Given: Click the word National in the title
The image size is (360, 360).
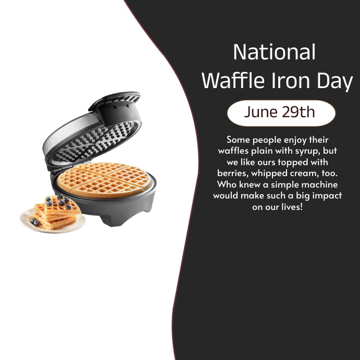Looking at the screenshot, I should pos(274,53).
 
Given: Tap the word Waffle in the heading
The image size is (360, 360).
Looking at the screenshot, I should pos(231,81).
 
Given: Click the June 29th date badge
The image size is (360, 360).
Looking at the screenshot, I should pos(281,113).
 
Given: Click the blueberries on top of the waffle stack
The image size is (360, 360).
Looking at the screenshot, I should pos(58,200).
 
